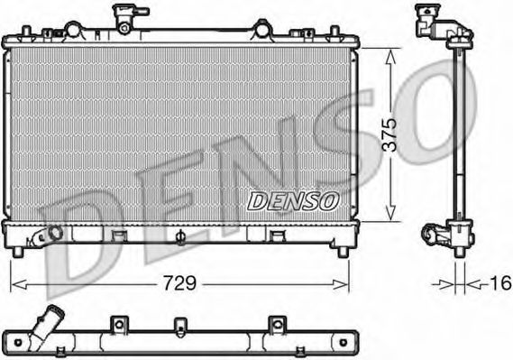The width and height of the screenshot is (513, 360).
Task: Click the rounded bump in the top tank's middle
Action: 261,30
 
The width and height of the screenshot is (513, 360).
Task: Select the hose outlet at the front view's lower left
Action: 45,236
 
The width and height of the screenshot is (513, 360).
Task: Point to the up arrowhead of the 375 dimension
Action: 389,54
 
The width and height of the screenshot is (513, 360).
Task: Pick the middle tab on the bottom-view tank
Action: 180,324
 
